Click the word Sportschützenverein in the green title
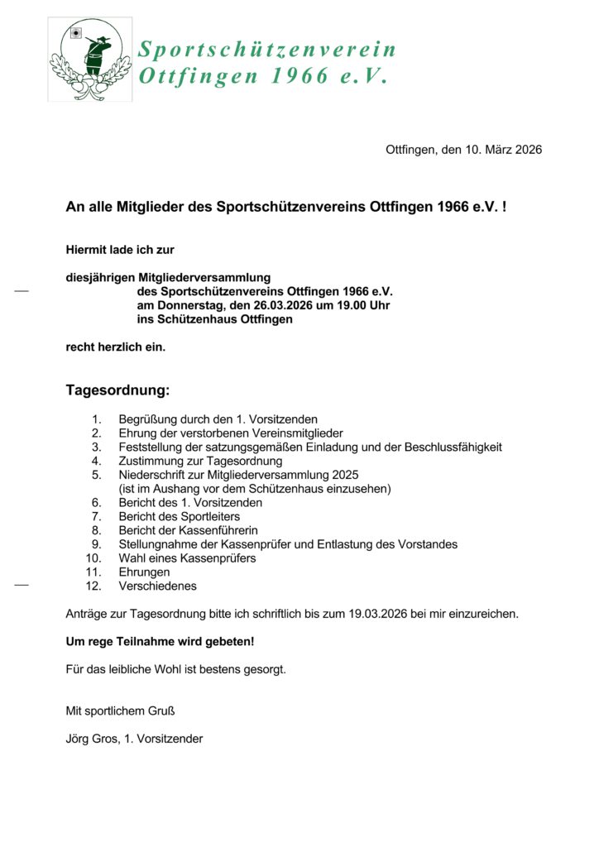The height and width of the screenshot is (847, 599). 267,50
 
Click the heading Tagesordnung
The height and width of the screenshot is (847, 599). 117,390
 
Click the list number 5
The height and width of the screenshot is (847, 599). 97,475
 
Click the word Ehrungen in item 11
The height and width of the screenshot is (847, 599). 144,572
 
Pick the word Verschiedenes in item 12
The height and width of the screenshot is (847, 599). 158,586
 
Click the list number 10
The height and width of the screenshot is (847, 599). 93,558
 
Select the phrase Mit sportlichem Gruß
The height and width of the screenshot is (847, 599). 120,711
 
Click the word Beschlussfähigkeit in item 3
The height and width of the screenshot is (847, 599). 453,447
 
